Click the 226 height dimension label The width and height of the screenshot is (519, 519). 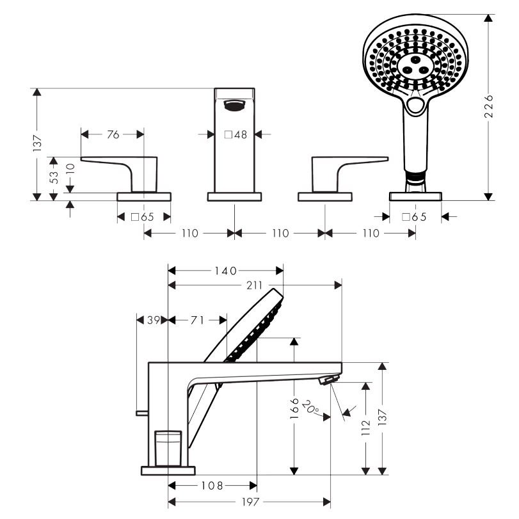click(488, 107)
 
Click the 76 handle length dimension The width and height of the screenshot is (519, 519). click(113, 134)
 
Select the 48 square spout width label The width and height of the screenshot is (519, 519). click(236, 134)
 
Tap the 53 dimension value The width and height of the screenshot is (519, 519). click(54, 177)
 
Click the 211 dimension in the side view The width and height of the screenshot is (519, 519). click(254, 285)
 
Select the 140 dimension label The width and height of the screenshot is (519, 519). click(225, 271)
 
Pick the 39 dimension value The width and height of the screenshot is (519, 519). click(153, 320)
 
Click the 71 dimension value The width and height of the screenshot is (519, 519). click(197, 320)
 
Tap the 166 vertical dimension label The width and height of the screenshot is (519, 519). click(294, 408)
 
